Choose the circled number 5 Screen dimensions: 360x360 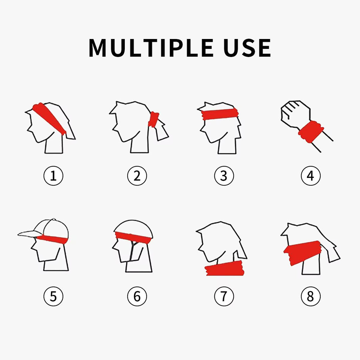pyautogui.click(x=53, y=297)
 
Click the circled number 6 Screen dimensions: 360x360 pyautogui.click(x=137, y=297)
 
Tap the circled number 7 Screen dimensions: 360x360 pyautogui.click(x=224, y=297)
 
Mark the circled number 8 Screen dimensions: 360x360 pyautogui.click(x=310, y=297)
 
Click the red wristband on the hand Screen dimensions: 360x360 pyautogui.click(x=311, y=131)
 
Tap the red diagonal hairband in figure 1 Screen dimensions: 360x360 pyautogui.click(x=49, y=118)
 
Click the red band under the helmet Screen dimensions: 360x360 pyautogui.click(x=133, y=237)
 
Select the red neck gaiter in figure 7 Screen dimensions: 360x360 pyautogui.click(x=225, y=269)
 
